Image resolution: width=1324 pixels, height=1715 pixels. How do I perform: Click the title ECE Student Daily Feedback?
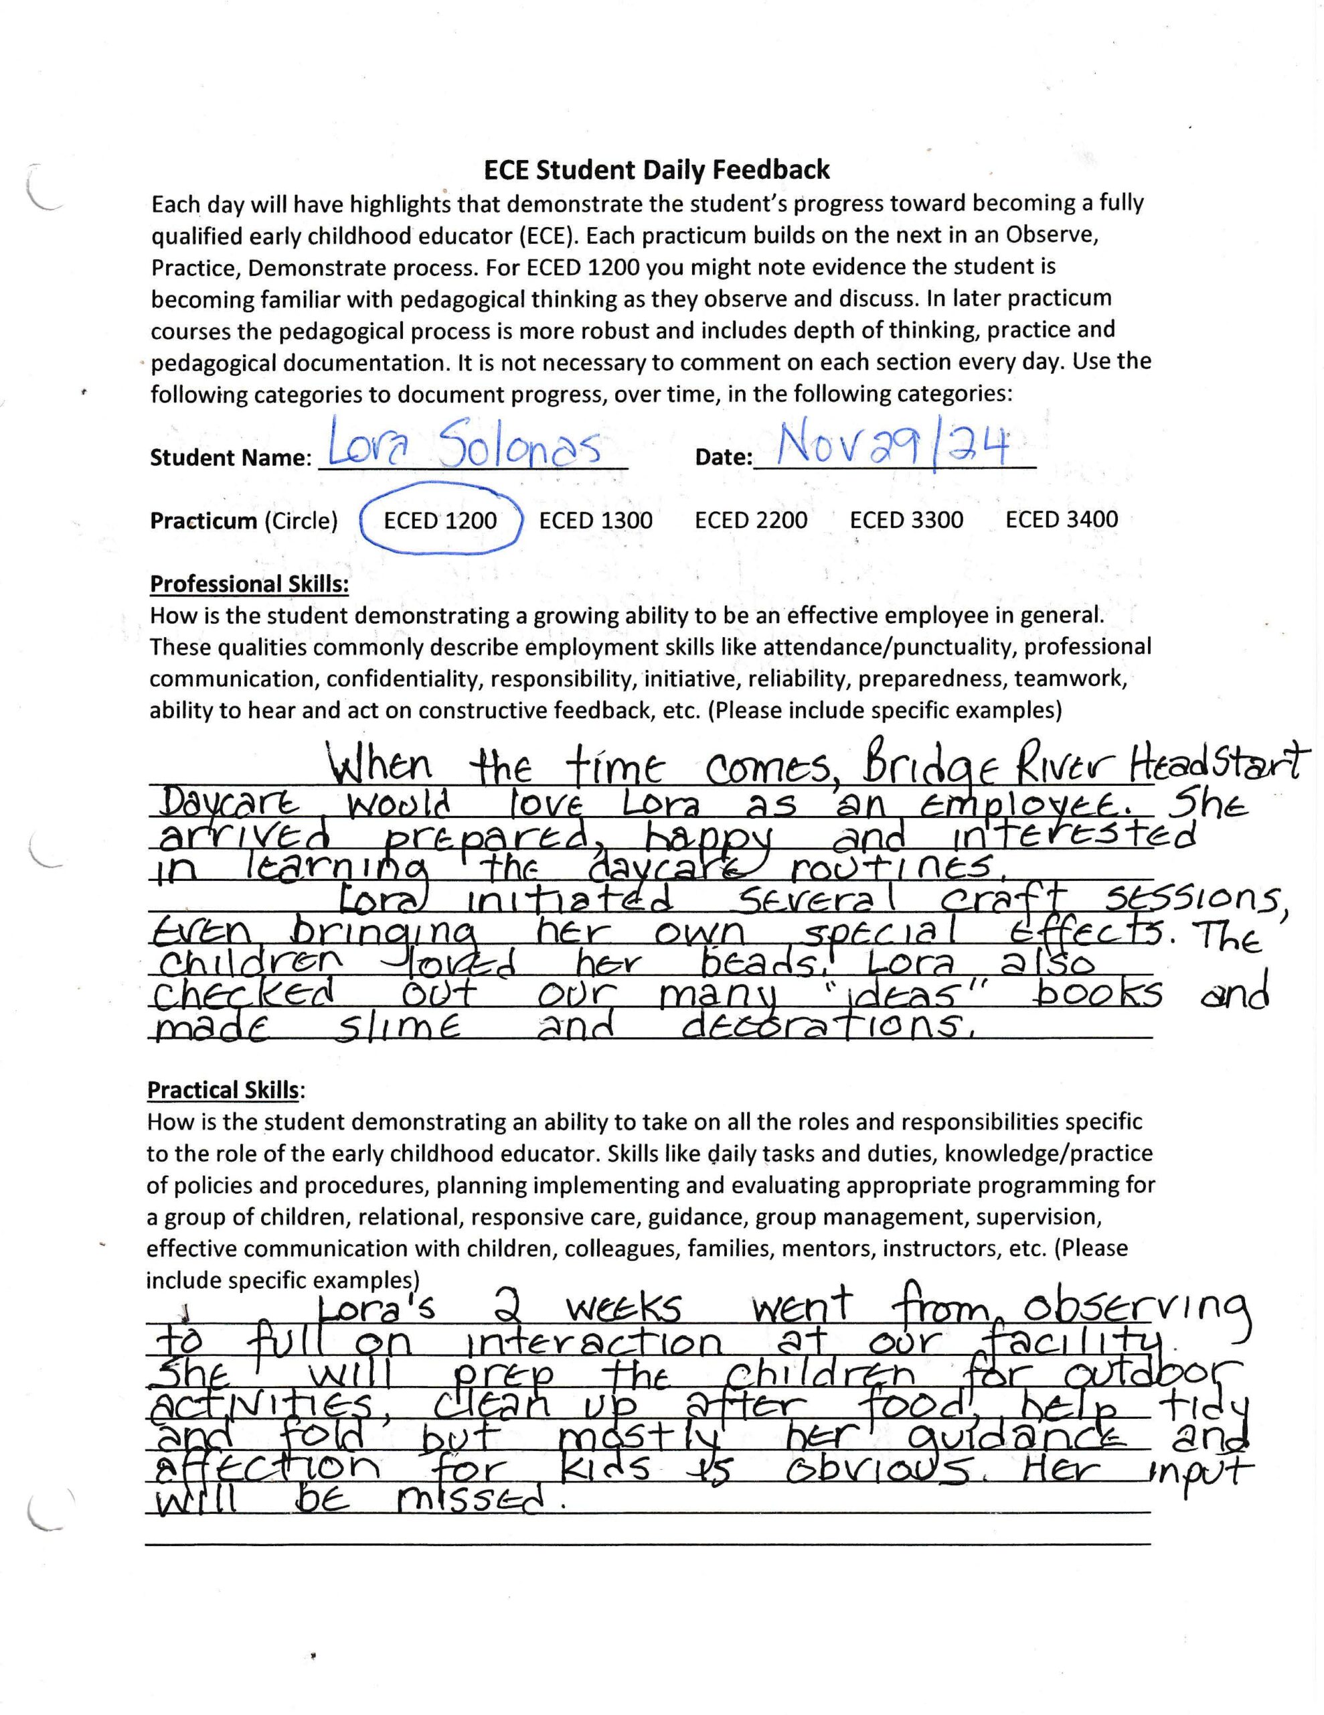[656, 169]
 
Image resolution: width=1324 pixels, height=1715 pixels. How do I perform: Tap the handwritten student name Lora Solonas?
[463, 450]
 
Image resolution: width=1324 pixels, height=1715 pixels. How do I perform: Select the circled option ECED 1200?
[440, 521]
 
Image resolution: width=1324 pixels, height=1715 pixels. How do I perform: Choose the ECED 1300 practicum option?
[596, 521]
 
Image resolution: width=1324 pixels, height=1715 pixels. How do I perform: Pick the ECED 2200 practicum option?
[751, 520]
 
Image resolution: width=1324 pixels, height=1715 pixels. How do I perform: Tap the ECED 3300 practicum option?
[906, 520]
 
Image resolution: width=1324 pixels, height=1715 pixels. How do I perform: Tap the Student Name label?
[231, 458]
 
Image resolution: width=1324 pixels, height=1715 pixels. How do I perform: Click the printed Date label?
[723, 457]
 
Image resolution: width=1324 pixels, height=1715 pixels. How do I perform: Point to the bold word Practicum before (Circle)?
[203, 521]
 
